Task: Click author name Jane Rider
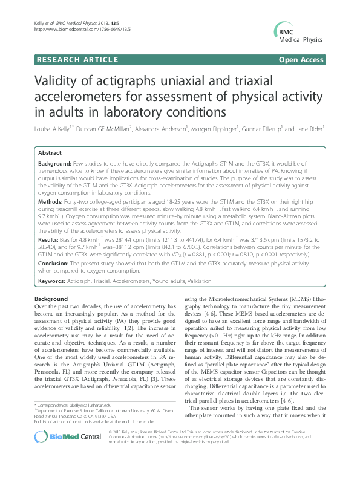coord(309,128)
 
